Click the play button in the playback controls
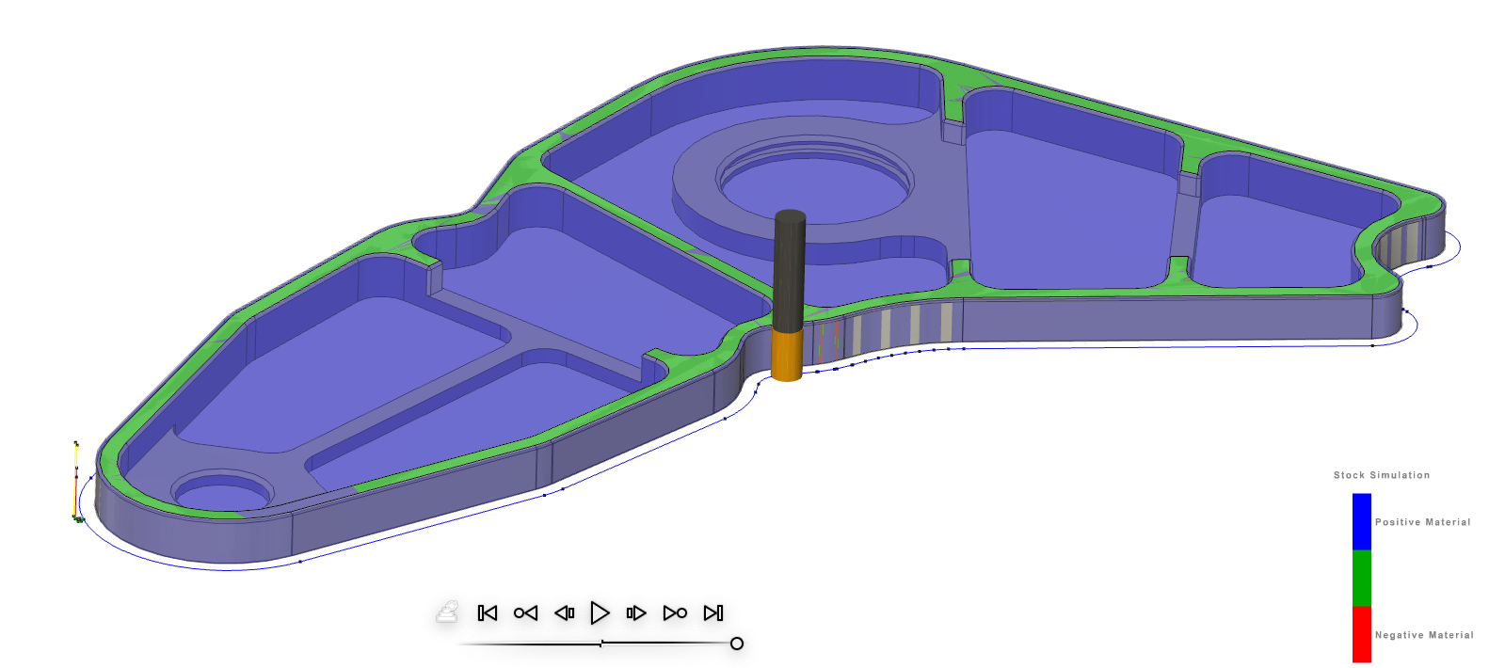click(600, 613)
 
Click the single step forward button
click(636, 613)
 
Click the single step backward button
click(564, 613)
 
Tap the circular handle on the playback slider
click(737, 644)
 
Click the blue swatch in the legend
click(1361, 521)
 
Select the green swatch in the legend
click(1361, 578)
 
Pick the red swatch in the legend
click(1361, 634)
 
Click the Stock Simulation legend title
click(1381, 475)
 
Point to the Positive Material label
click(1422, 522)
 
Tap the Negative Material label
click(1424, 635)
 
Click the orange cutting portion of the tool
click(787, 354)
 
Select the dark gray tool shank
click(789, 268)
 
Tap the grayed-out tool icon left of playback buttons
click(447, 612)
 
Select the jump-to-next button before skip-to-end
click(675, 613)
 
